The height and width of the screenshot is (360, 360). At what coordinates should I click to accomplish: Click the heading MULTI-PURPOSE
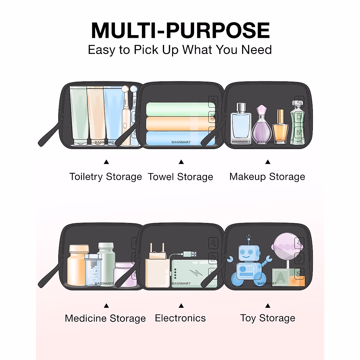180,31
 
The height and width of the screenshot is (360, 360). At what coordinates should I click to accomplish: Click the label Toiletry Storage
106,177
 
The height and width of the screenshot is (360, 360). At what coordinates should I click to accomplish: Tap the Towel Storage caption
180,177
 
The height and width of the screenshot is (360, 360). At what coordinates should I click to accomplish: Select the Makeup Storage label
267,177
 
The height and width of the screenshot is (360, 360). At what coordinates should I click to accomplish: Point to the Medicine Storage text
105,318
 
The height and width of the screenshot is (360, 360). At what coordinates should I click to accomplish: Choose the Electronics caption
180,318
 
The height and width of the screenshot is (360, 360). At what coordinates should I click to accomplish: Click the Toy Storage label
268,318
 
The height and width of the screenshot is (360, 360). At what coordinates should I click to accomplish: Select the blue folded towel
180,138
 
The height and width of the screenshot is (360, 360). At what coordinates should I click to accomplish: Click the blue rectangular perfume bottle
241,124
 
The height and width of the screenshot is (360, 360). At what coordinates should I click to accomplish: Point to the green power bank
193,274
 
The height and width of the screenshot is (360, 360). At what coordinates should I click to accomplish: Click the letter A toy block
280,277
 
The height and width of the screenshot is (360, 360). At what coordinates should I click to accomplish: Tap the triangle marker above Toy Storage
268,306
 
